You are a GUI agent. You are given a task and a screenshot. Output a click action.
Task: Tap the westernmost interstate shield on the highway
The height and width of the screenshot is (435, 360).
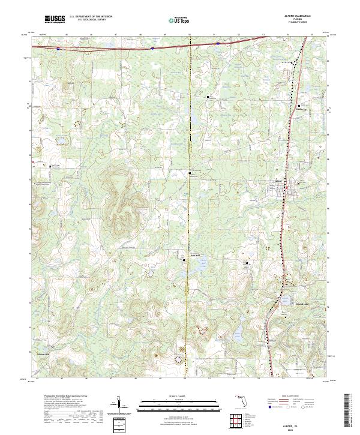click(58, 48)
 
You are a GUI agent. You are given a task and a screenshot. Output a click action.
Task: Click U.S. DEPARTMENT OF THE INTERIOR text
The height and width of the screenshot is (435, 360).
click(91, 16)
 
